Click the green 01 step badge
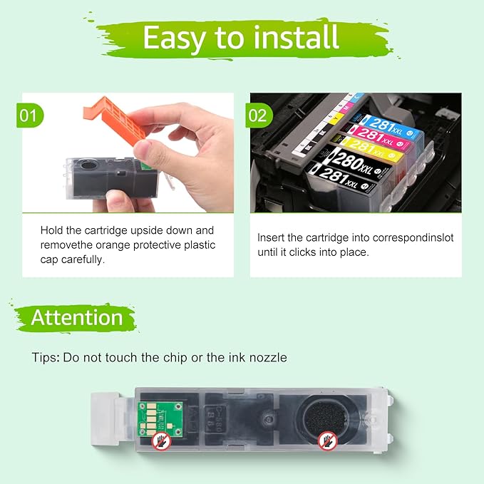pos(30,115)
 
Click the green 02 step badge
pos(259,115)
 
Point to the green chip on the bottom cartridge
pos(160,419)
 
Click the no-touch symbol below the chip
pos(161,441)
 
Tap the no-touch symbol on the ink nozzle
pos(327,441)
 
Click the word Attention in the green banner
pos(77,318)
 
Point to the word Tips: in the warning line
pos(46,358)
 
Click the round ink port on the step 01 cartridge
pos(88,165)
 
